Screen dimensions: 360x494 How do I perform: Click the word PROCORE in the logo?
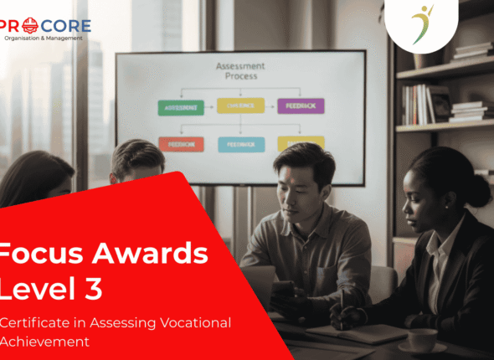pyautogui.click(x=46, y=24)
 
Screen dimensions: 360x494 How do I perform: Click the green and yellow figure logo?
pyautogui.click(x=421, y=23)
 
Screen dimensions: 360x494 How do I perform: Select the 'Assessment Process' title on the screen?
pyautogui.click(x=240, y=70)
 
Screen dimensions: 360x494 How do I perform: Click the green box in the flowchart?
pyautogui.click(x=180, y=106)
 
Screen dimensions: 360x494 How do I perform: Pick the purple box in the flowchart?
pyautogui.click(x=301, y=106)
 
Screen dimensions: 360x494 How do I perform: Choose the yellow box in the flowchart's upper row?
pyautogui.click(x=240, y=105)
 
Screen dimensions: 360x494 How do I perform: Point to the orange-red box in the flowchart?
pyautogui.click(x=181, y=144)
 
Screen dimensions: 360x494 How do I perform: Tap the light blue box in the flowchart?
pyautogui.click(x=240, y=144)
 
